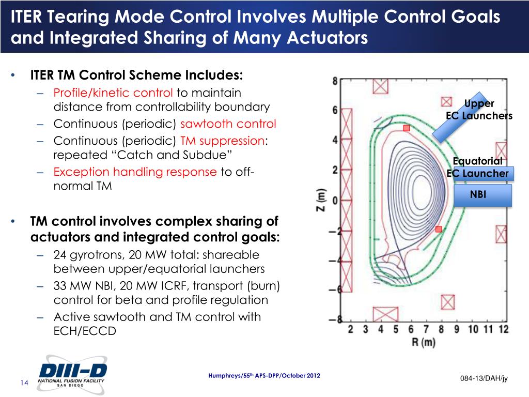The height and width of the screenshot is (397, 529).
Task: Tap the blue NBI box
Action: (x=481, y=195)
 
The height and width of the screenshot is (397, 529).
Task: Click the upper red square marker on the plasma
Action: (x=406, y=128)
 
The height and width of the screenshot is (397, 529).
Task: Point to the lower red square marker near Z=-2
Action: (x=439, y=229)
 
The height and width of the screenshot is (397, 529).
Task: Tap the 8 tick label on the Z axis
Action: (x=335, y=81)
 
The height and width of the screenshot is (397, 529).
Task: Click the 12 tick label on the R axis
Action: (x=503, y=329)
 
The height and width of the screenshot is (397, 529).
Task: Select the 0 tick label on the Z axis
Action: (x=335, y=200)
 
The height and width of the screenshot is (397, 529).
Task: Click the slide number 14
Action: (x=24, y=383)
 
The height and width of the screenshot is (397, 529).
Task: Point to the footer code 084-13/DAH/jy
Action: (x=484, y=379)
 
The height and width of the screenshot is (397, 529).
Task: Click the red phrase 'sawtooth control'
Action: (x=228, y=124)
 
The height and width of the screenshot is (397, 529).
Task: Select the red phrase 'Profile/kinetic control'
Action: (x=113, y=93)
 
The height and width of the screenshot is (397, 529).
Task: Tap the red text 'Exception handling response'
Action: (x=135, y=172)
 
